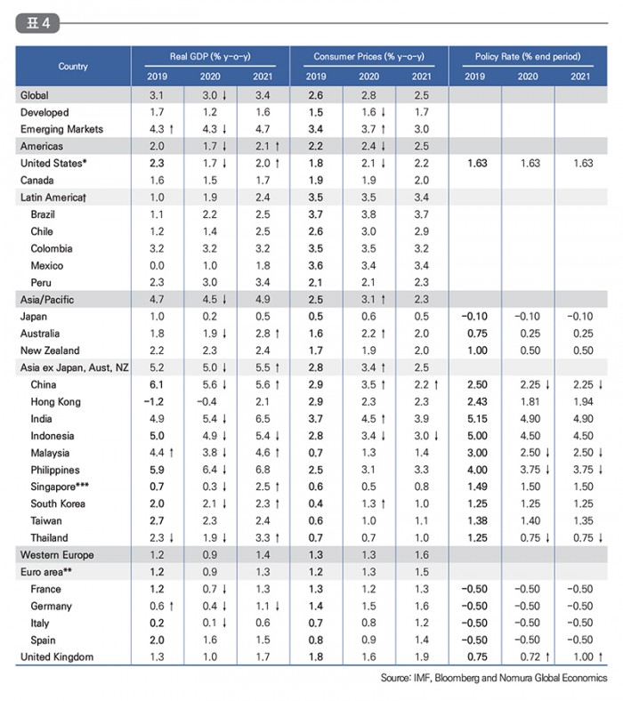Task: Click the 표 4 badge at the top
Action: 37,23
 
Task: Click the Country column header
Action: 73,66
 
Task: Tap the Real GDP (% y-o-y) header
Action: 210,56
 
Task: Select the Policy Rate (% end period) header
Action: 528,56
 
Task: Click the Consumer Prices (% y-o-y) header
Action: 369,56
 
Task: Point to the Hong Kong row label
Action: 55,402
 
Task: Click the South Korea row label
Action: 58,504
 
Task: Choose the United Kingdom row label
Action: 57,657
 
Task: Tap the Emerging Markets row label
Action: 61,129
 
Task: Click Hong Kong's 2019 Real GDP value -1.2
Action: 154,402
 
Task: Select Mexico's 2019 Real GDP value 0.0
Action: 157,266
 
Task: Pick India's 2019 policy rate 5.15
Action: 477,419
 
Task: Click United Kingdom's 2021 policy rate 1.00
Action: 583,657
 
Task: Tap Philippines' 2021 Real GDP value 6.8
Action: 263,470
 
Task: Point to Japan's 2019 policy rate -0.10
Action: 474,317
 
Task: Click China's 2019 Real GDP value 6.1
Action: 157,385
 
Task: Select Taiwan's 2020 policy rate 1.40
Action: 530,520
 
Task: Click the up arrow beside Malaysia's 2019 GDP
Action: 172,453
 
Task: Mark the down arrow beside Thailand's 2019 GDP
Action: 172,538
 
